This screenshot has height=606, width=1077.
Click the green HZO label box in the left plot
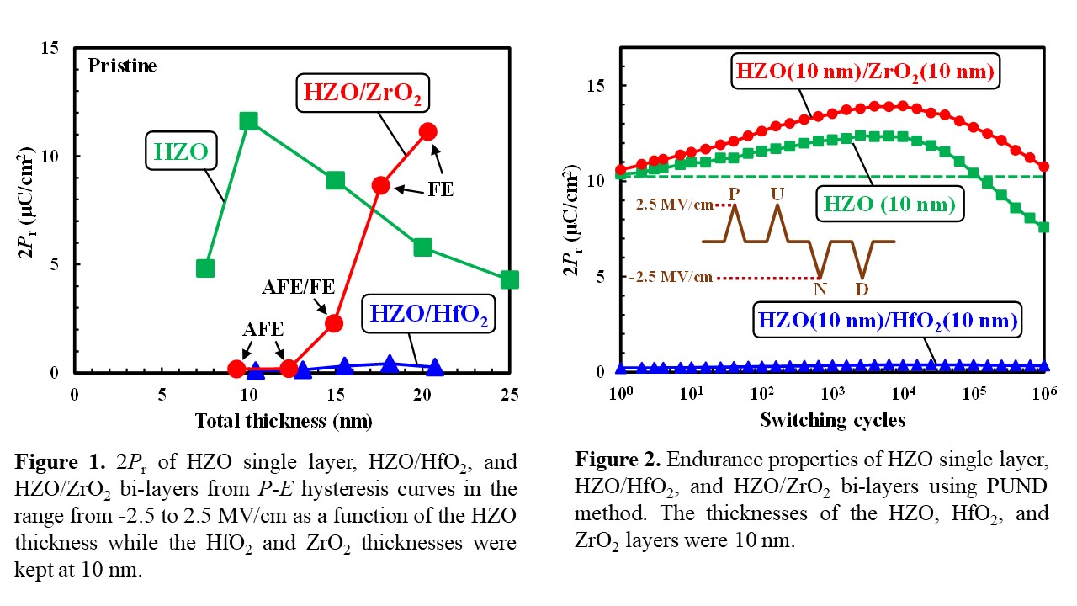[182, 151]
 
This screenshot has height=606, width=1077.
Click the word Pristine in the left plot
[123, 66]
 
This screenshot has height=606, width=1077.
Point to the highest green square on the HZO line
[248, 121]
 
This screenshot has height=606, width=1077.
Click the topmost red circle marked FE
[427, 131]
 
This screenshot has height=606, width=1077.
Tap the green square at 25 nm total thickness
[509, 279]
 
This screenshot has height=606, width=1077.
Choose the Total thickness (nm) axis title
[284, 420]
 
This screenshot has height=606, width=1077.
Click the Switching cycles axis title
[832, 419]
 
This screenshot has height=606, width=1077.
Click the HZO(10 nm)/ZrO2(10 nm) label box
[865, 73]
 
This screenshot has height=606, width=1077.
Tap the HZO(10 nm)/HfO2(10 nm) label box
[888, 320]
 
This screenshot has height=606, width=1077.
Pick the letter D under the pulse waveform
[862, 290]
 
